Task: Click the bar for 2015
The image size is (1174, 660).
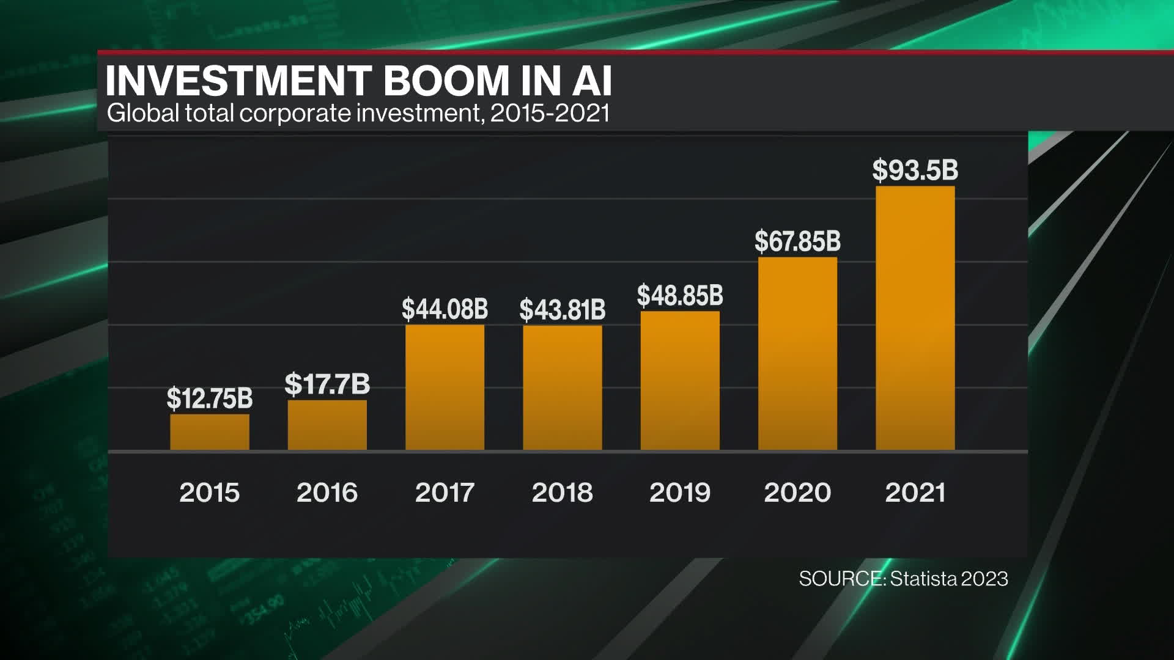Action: (x=210, y=432)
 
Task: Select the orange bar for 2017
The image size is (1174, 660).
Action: (x=445, y=387)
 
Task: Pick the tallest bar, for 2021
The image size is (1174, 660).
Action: (x=915, y=318)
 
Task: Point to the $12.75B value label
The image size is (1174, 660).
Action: (x=210, y=398)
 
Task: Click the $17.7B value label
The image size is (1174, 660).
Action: (x=327, y=384)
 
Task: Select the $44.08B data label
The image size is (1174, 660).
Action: (x=445, y=309)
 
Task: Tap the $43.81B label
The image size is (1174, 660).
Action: (x=562, y=310)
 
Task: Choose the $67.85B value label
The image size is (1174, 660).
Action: (x=797, y=241)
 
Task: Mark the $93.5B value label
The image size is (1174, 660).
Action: (x=915, y=170)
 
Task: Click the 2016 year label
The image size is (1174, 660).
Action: (x=327, y=493)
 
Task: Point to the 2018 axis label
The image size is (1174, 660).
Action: (x=562, y=493)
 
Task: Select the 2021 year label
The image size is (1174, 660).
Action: (x=915, y=493)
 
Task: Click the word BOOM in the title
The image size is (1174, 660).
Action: (x=446, y=81)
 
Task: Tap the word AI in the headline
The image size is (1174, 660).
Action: (x=592, y=81)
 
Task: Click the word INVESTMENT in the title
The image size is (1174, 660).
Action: (x=239, y=81)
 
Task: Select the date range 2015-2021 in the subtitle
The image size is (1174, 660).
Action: (x=550, y=114)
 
